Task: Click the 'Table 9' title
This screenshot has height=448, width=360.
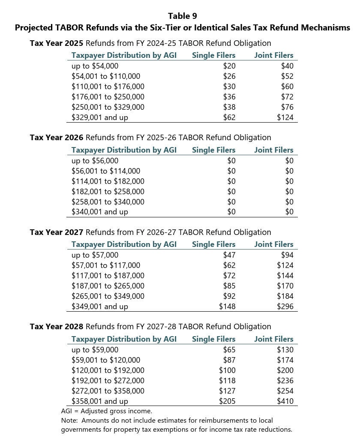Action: [182, 16]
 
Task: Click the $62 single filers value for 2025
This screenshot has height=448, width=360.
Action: [229, 117]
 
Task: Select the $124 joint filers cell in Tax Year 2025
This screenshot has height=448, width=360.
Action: [285, 117]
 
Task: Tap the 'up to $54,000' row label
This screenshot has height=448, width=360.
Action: [95, 66]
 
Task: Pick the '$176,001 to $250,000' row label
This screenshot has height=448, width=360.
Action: [108, 97]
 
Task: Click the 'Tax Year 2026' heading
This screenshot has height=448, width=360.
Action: [57, 138]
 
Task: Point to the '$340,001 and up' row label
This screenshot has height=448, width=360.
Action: [99, 212]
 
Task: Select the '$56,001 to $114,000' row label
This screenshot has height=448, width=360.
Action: [105, 171]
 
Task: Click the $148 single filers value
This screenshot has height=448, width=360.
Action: [227, 307]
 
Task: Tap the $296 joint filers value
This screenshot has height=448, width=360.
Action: [285, 307]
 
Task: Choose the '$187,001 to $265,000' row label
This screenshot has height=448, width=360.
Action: [108, 286]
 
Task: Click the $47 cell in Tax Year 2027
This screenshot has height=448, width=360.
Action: [229, 255]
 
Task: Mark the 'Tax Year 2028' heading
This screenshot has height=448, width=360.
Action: [57, 327]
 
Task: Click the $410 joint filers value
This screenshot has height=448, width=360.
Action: [285, 401]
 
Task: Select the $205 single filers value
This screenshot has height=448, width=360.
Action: [227, 401]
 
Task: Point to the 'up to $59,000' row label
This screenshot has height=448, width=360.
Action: [95, 350]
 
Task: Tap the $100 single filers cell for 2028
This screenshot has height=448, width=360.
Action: [227, 370]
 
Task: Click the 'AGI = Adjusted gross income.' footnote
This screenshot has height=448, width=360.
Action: [106, 411]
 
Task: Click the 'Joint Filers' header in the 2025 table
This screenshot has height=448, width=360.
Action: [273, 55]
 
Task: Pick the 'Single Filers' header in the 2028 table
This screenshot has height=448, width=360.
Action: [213, 339]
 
